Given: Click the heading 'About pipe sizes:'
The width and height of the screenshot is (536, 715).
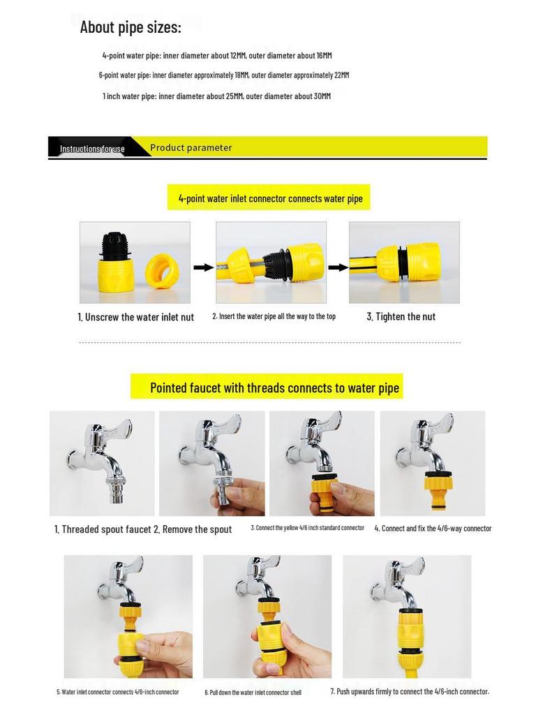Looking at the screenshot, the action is pyautogui.click(x=131, y=27).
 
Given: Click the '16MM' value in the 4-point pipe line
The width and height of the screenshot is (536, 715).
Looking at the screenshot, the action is pyautogui.click(x=324, y=56).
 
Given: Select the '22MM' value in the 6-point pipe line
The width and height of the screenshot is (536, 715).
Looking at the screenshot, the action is pyautogui.click(x=341, y=75).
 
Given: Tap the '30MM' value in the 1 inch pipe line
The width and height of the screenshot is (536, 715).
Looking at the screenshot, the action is pyautogui.click(x=322, y=96).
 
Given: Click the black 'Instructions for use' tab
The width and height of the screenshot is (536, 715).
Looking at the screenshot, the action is pyautogui.click(x=93, y=149).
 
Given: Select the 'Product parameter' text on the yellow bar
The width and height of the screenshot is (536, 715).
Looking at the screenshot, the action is pyautogui.click(x=191, y=148).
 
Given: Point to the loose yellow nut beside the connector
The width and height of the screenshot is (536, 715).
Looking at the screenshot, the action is pyautogui.click(x=162, y=272).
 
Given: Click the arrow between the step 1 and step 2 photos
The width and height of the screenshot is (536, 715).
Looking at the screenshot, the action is pyautogui.click(x=203, y=267).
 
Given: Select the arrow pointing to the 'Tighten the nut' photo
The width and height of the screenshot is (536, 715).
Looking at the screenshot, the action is pyautogui.click(x=338, y=267).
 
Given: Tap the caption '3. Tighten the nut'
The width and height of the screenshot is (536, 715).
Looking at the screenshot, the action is pyautogui.click(x=401, y=317).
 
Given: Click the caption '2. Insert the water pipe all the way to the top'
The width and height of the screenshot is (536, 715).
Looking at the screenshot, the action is pyautogui.click(x=274, y=316).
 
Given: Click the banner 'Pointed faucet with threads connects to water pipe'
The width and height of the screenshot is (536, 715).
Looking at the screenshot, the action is pyautogui.click(x=274, y=388).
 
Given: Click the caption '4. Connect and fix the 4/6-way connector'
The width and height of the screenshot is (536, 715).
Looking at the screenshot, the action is pyautogui.click(x=433, y=529).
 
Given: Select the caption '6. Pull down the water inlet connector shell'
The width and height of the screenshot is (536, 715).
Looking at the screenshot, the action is pyautogui.click(x=253, y=692).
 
